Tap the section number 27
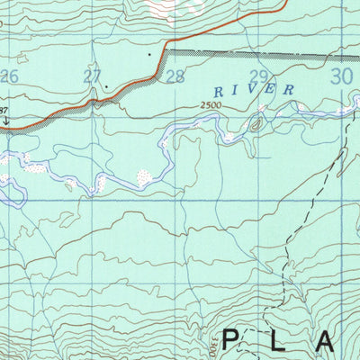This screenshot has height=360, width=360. (x=92, y=76)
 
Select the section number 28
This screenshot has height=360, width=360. (x=175, y=76)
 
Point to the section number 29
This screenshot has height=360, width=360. (x=259, y=76)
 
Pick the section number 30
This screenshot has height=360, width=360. (x=341, y=76)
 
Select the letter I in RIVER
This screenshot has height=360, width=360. (x=237, y=92)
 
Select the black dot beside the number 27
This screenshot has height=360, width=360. (x=107, y=86)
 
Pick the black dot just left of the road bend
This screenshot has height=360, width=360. (x=149, y=54)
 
